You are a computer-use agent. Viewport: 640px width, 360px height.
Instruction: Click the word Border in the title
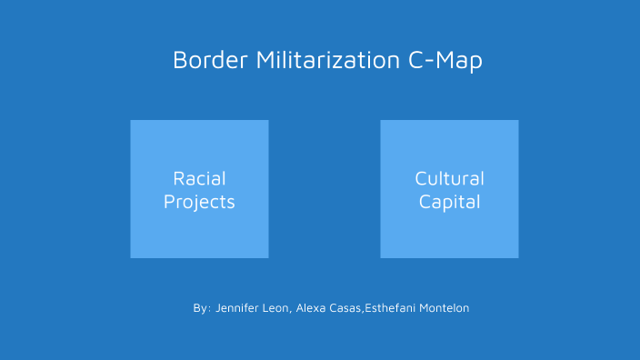pos(211,61)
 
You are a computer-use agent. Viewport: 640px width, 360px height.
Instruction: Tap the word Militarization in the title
pos(326,61)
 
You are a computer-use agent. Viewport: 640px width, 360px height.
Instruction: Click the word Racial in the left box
pos(199,178)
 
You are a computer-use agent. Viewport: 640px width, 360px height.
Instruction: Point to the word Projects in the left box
pos(199,202)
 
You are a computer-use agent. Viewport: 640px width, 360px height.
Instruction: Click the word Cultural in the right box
pos(449,178)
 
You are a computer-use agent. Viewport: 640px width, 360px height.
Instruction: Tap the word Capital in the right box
pos(449,202)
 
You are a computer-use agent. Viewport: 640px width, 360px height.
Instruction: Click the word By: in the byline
pos(202,309)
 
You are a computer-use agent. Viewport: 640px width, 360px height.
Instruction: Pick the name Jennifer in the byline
pos(238,309)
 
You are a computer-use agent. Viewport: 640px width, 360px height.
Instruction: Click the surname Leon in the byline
pos(275,309)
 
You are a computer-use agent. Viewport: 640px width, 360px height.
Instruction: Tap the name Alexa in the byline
pos(312,309)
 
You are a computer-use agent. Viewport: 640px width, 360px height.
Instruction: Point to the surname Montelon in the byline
pos(444,309)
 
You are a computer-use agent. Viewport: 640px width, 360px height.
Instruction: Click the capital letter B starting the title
pos(179,61)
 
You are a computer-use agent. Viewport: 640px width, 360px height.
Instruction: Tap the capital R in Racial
pos(178,178)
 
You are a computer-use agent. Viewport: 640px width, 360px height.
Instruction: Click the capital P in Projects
pos(168,202)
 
